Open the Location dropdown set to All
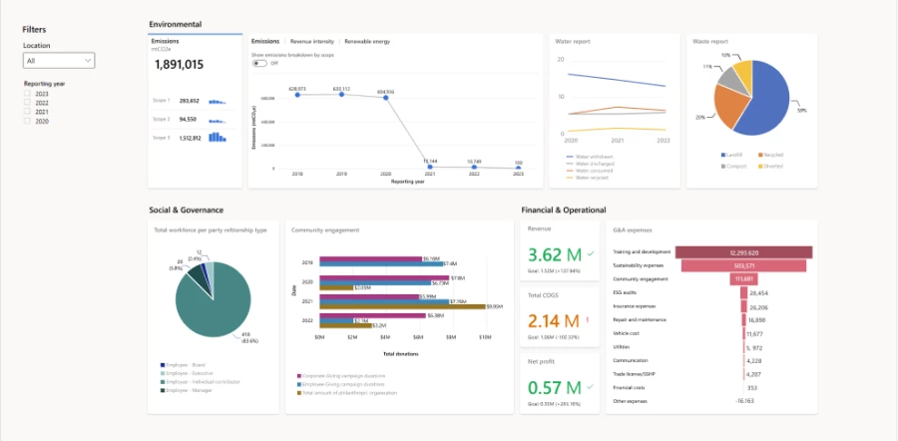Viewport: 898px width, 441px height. pyautogui.click(x=59, y=61)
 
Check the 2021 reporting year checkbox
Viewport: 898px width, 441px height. pyautogui.click(x=28, y=112)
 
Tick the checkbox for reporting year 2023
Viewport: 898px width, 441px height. pyautogui.click(x=28, y=93)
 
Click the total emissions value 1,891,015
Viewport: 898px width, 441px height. pyautogui.click(x=180, y=65)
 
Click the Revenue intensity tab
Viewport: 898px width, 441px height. pyautogui.click(x=311, y=42)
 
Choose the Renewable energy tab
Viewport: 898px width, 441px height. pyautogui.click(x=366, y=42)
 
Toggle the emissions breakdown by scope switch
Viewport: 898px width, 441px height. pyautogui.click(x=259, y=63)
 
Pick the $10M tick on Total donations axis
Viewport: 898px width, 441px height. pyautogui.click(x=484, y=337)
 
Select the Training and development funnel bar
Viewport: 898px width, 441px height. pyautogui.click(x=743, y=252)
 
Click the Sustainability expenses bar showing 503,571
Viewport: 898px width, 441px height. pyautogui.click(x=743, y=266)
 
